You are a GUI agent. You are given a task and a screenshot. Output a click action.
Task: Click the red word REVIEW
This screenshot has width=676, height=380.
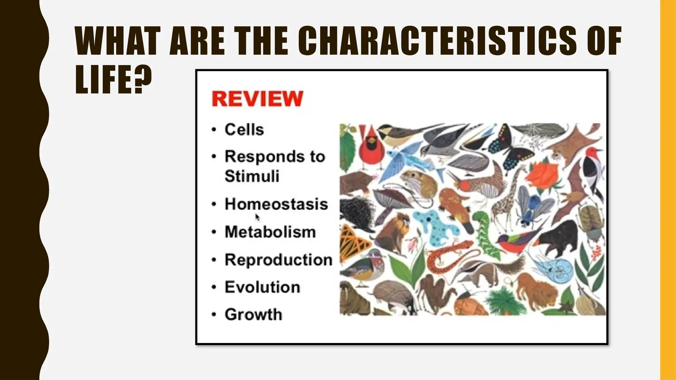257,99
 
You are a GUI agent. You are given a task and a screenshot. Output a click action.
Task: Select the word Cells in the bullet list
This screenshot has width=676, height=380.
244,129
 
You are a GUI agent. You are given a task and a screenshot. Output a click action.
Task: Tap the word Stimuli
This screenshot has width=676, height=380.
252,176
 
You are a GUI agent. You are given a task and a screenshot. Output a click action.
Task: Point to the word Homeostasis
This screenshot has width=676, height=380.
276,204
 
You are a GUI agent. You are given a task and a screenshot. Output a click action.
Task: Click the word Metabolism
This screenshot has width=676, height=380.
270,232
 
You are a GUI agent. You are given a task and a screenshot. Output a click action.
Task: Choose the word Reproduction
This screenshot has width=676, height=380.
278,260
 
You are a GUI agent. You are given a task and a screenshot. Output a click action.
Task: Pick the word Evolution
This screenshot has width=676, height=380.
262,287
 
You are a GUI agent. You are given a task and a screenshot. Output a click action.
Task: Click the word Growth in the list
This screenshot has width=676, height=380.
253,314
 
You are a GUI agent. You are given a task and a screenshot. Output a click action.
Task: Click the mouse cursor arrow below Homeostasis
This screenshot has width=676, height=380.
257,217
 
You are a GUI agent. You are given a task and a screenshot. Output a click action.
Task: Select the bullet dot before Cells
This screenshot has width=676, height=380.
214,130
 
